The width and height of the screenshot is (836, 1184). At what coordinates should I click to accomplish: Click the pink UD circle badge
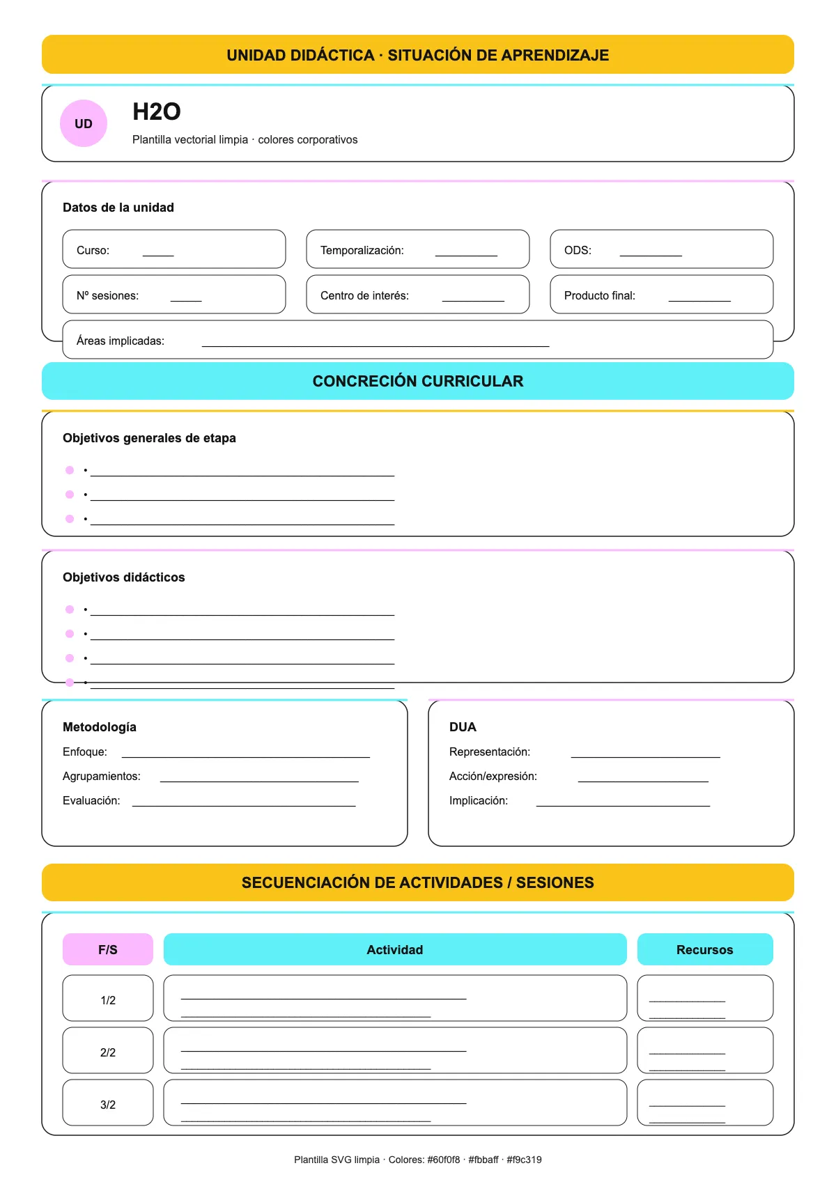pyautogui.click(x=84, y=123)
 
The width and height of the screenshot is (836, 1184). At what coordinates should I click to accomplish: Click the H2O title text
pyautogui.click(x=157, y=111)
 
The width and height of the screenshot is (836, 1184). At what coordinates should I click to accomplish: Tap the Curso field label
pyautogui.click(x=93, y=250)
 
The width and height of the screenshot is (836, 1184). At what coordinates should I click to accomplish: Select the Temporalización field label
pyautogui.click(x=362, y=250)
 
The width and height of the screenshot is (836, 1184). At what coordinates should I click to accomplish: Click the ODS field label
pyautogui.click(x=578, y=250)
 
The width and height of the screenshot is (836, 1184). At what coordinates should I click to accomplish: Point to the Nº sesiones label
pyautogui.click(x=107, y=295)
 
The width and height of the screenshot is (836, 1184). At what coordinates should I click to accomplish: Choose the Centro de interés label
pyautogui.click(x=364, y=295)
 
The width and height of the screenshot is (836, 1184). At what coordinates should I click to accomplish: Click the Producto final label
pyautogui.click(x=599, y=295)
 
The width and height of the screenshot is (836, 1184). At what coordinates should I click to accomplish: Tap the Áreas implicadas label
pyautogui.click(x=121, y=341)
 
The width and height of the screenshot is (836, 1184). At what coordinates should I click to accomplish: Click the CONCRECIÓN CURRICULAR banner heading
pyautogui.click(x=418, y=381)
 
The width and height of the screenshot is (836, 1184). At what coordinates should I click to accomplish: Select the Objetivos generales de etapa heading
pyautogui.click(x=149, y=438)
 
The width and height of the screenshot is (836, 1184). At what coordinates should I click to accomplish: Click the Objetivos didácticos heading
pyautogui.click(x=124, y=577)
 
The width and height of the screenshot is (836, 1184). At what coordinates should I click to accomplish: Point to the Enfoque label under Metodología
pyautogui.click(x=85, y=751)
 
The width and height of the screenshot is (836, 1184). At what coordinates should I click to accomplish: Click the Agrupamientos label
pyautogui.click(x=102, y=776)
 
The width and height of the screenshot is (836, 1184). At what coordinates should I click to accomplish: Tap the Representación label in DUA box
pyautogui.click(x=490, y=751)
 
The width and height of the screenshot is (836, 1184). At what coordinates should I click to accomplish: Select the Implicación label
pyautogui.click(x=479, y=800)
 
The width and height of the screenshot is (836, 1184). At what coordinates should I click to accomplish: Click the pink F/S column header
pyautogui.click(x=108, y=949)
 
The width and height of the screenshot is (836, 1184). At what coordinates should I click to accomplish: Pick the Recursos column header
pyautogui.click(x=705, y=949)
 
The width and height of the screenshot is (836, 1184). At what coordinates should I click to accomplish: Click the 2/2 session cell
pyautogui.click(x=108, y=1052)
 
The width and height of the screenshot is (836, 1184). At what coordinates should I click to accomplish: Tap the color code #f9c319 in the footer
pyautogui.click(x=524, y=1160)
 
